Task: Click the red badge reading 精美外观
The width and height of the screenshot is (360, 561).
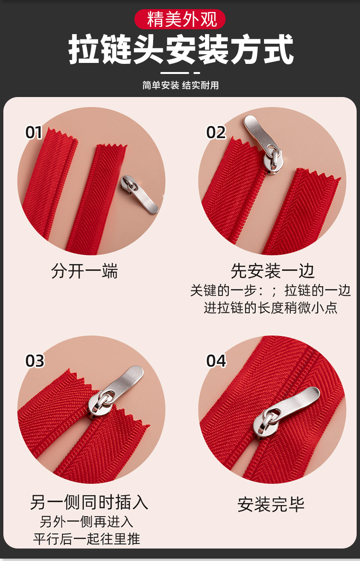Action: pyautogui.click(x=180, y=19)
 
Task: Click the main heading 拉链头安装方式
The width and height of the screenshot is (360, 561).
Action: pyautogui.click(x=181, y=49)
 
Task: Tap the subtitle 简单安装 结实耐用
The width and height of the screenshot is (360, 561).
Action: pyautogui.click(x=180, y=85)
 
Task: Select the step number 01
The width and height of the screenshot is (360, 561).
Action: pyautogui.click(x=34, y=133)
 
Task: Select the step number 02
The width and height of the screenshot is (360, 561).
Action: pyautogui.click(x=216, y=133)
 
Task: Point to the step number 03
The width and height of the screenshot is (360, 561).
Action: pyautogui.click(x=35, y=361)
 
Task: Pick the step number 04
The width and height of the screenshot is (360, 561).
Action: pyautogui.click(x=216, y=361)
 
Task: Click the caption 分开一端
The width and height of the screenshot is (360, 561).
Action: pyautogui.click(x=84, y=271)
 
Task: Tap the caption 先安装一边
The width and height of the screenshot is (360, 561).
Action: pyautogui.click(x=273, y=271)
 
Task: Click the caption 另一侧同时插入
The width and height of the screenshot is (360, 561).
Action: pyautogui.click(x=89, y=502)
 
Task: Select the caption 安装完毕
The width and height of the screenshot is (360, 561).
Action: pyautogui.click(x=271, y=504)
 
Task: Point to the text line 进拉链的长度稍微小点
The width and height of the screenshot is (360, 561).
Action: pyautogui.click(x=271, y=307)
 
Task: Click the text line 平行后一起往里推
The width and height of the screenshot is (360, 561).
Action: pyautogui.click(x=87, y=538)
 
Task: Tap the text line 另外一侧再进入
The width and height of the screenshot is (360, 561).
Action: pyautogui.click(x=86, y=522)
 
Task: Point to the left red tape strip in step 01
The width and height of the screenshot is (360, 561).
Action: pyautogui.click(x=50, y=183)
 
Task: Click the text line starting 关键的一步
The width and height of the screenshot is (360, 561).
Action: pyautogui.click(x=270, y=291)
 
